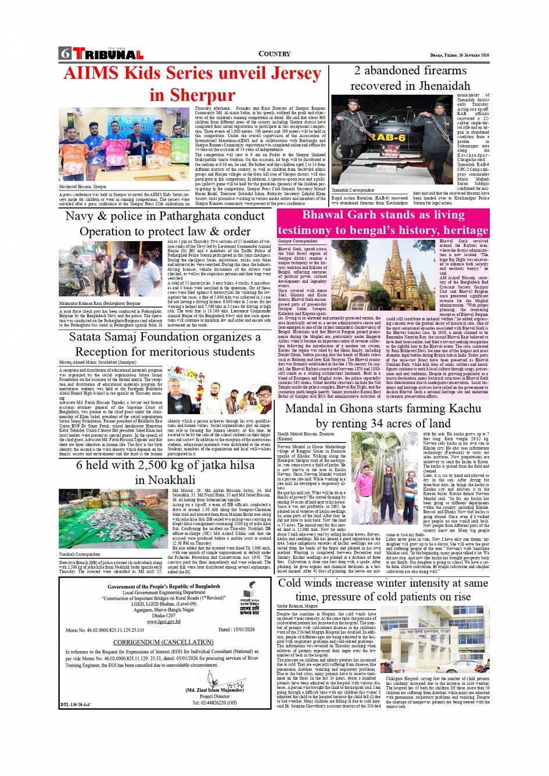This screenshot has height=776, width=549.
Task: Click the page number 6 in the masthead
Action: click(x=64, y=54)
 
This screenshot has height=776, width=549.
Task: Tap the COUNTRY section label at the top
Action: click(x=274, y=54)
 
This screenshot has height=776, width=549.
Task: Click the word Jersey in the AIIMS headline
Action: click(x=289, y=74)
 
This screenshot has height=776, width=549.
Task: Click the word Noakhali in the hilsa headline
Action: click(x=165, y=480)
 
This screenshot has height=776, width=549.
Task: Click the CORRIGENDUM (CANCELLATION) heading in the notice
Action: click(x=163, y=642)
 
